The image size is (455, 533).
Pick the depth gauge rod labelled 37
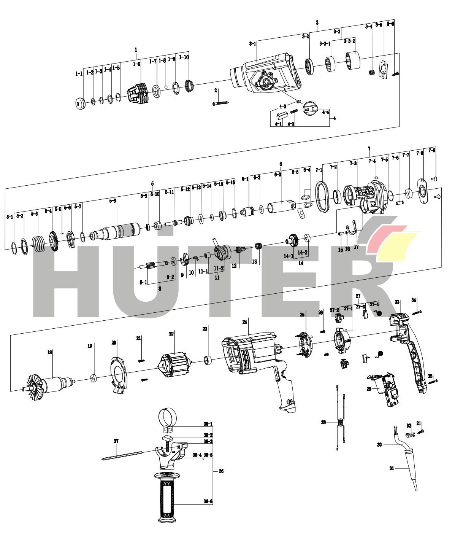(x=122, y=455)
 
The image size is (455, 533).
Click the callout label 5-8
(x=113, y=200)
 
